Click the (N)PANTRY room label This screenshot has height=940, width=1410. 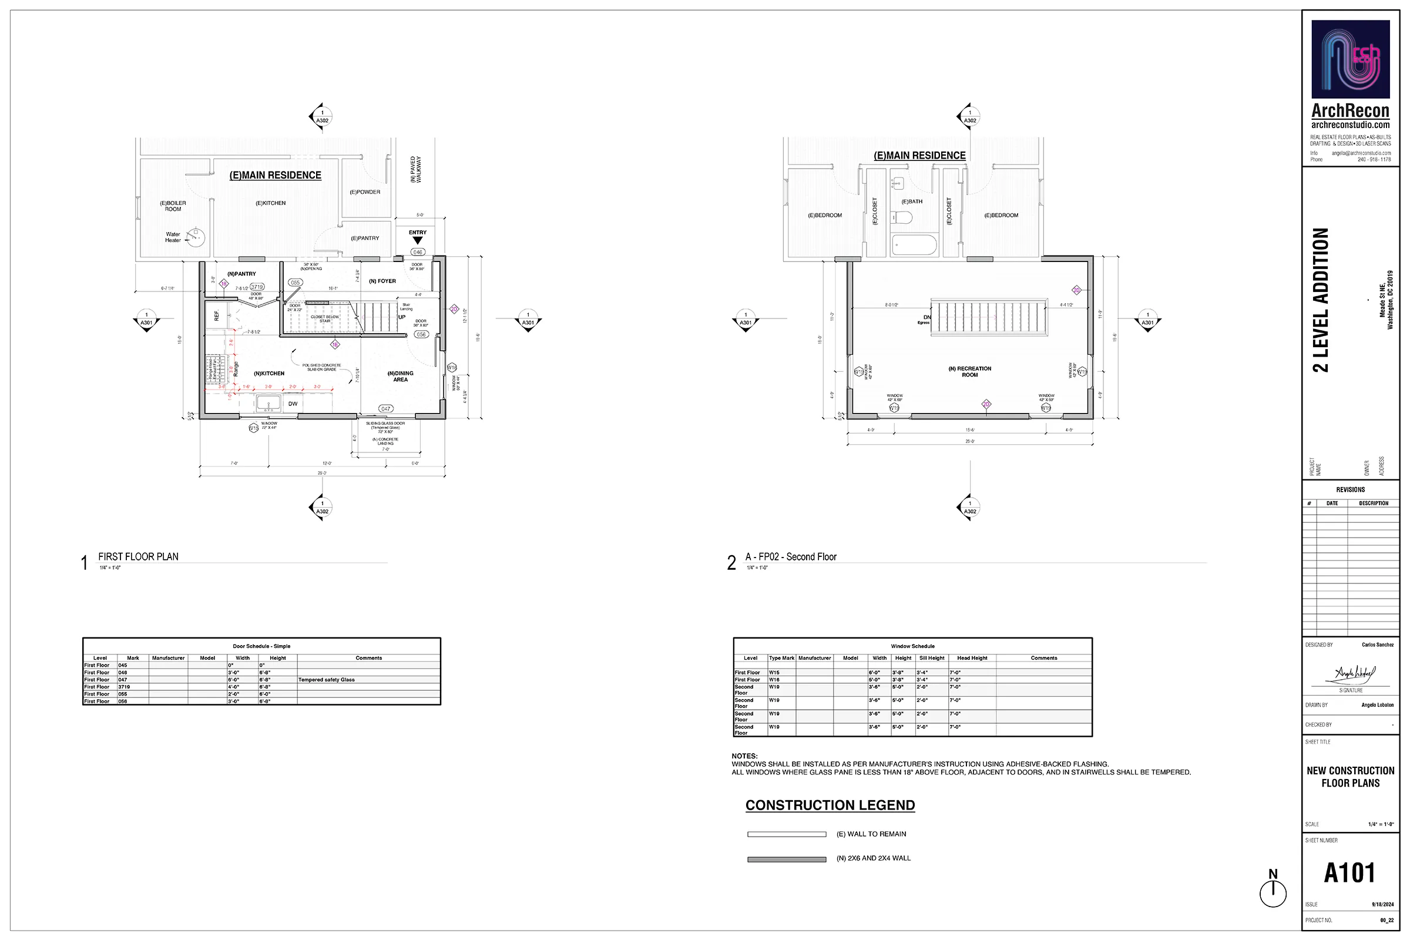click(241, 274)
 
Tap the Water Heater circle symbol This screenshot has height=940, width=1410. click(196, 237)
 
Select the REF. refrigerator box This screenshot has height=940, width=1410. click(216, 315)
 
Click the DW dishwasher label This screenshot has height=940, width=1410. click(293, 404)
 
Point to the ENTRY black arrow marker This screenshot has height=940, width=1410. click(418, 240)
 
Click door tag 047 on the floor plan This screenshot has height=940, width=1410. click(385, 409)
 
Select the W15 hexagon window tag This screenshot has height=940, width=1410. click(254, 428)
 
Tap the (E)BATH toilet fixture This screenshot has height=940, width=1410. click(902, 217)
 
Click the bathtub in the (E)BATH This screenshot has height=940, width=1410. click(914, 245)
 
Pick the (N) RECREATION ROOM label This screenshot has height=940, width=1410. click(969, 372)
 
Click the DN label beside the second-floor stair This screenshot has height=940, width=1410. click(927, 317)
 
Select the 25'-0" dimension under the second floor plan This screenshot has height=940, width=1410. click(969, 441)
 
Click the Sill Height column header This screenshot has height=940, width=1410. click(932, 658)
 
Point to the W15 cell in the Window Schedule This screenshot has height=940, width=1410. click(774, 673)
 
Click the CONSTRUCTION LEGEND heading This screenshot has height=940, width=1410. click(830, 805)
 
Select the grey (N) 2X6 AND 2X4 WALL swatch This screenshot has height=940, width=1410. click(787, 859)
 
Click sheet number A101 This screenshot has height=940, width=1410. click(1349, 873)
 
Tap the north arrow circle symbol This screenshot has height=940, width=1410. click(1273, 894)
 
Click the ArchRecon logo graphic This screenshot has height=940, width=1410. click(1350, 59)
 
